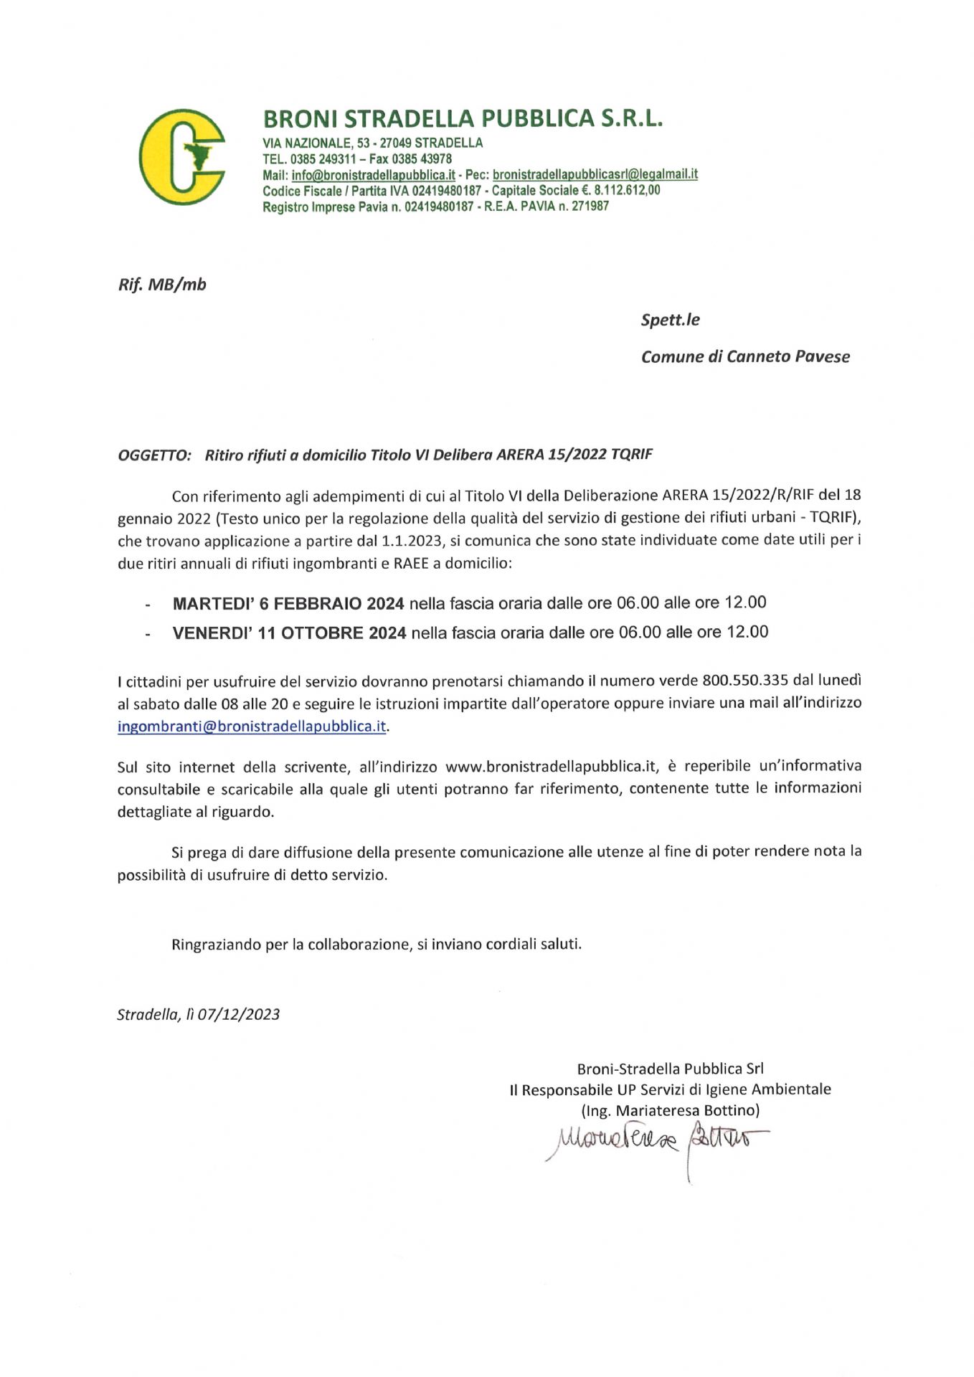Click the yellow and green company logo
tap(181, 157)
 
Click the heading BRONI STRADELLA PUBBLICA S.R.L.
tap(463, 118)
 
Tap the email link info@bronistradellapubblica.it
tap(374, 175)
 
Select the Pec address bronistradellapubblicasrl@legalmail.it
tap(595, 174)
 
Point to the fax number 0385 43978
tap(425, 158)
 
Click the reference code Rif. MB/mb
tap(162, 285)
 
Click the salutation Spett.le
tap(670, 320)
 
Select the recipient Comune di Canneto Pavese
tap(744, 356)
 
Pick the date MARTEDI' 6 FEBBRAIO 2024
tap(288, 603)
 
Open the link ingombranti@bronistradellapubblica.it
tap(252, 726)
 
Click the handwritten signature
tap(656, 1139)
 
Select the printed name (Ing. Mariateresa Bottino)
tap(669, 1110)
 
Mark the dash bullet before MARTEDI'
tap(148, 605)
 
